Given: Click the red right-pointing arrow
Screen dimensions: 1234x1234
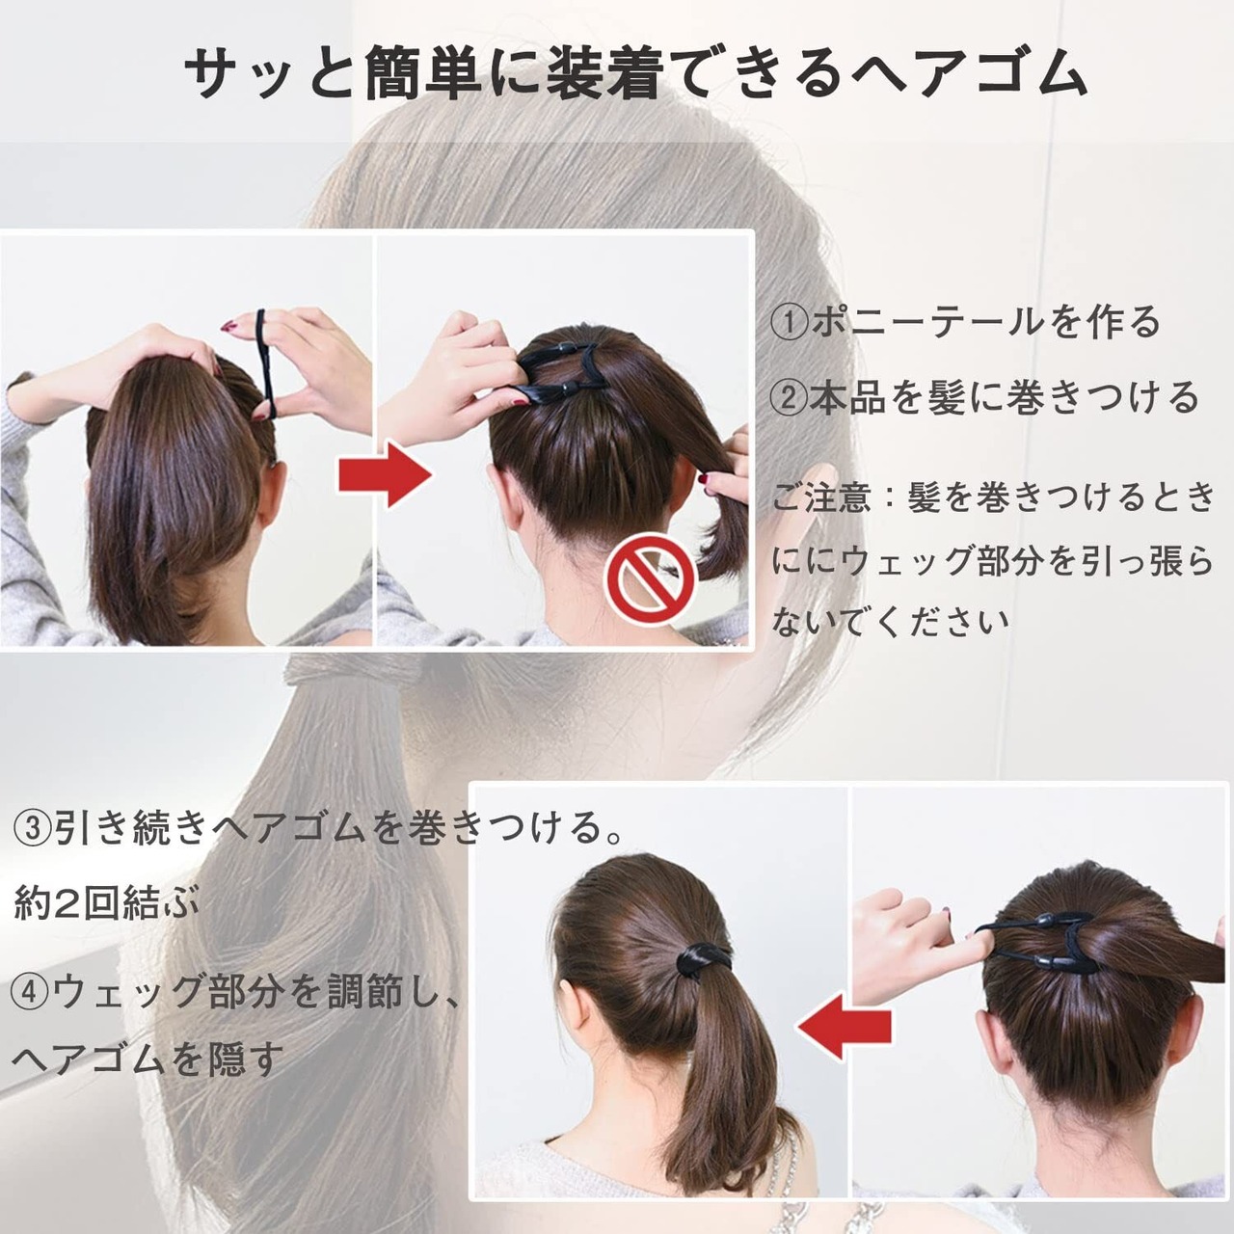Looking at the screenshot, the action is (x=386, y=475).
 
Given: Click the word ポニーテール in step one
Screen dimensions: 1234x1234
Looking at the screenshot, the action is (x=929, y=322).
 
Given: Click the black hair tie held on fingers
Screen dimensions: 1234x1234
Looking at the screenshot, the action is (x=264, y=363).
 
